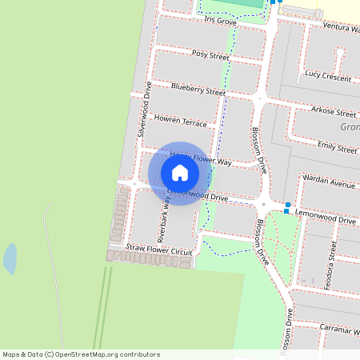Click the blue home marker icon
[180, 172]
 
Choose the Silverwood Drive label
[146, 110]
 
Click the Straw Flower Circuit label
[159, 250]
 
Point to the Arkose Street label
[334, 112]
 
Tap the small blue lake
[10, 258]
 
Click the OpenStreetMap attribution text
[81, 354]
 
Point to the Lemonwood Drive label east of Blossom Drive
[325, 218]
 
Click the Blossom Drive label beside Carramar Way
[286, 328]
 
